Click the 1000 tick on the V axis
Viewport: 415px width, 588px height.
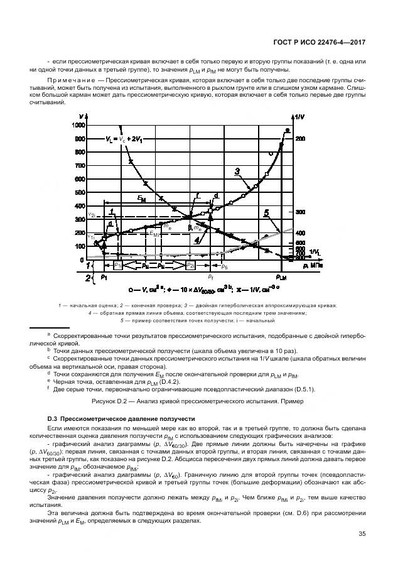[x=78, y=125]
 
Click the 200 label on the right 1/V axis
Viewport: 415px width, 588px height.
[x=300, y=139]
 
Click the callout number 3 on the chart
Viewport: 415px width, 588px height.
[x=238, y=171]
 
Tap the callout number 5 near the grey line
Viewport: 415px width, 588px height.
[x=266, y=214]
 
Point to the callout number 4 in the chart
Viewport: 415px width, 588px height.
[x=198, y=240]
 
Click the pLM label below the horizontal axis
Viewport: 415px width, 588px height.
[x=281, y=276]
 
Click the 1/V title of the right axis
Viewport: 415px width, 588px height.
[x=299, y=116]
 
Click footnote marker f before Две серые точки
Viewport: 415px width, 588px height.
[x=48, y=388]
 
